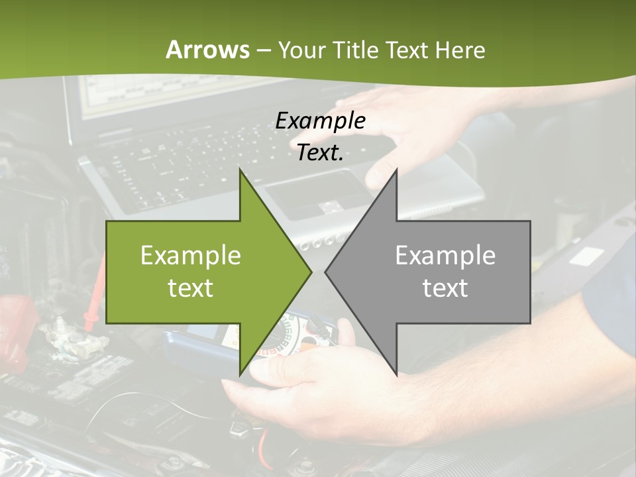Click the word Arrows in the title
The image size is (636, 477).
pos(207,50)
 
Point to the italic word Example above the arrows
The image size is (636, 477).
pos(320,121)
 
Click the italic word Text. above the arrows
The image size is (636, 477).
pos(320,152)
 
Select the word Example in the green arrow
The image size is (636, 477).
pos(191,255)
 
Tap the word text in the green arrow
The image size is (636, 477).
pos(191,288)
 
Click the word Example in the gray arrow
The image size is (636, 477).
pos(445,255)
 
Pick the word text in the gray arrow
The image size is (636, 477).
pos(445,288)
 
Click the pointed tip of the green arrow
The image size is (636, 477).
pos(310,272)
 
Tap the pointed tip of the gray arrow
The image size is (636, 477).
pos(326,272)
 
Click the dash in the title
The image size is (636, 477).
pos(263,51)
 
